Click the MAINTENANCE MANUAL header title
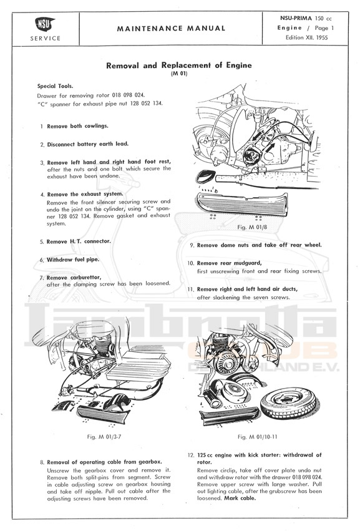pos(171,29)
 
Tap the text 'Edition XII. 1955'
pos(306,37)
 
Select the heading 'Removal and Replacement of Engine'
pos(179,66)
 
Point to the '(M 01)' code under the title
pos(179,74)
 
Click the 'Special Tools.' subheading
pos(55,86)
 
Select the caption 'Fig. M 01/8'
pos(252,227)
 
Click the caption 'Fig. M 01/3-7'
pos(104,437)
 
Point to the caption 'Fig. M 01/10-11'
pos(258,437)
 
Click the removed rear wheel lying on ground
pos(288,402)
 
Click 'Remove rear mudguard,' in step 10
pos(229,263)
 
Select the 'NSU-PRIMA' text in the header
pos(296,19)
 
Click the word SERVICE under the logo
pos(46,39)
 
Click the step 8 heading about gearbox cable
pos(104,462)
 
